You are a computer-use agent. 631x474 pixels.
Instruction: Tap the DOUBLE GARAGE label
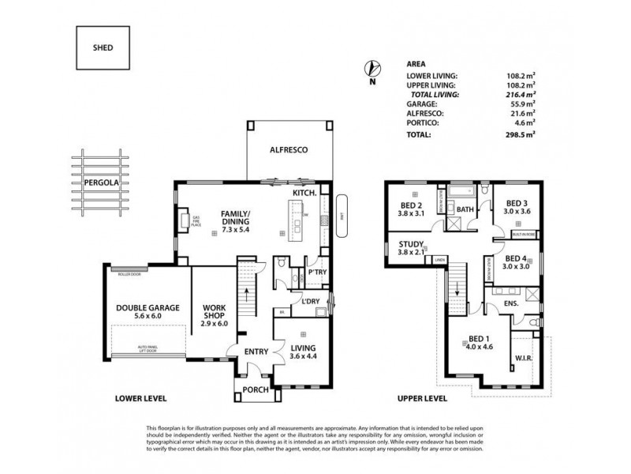point(148,308)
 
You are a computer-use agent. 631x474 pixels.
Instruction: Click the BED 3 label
point(517,207)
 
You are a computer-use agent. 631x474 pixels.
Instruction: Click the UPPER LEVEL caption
point(423,398)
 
